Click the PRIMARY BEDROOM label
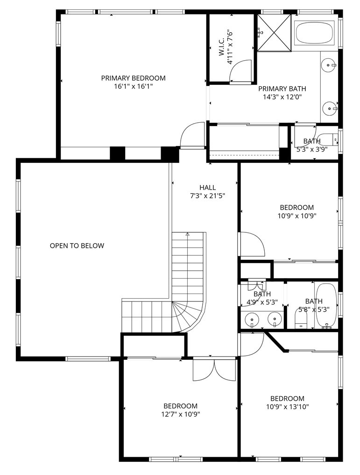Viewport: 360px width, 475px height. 134,78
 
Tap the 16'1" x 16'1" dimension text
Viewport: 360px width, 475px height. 134,87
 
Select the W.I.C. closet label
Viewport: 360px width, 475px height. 221,47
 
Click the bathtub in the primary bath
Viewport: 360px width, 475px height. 315,33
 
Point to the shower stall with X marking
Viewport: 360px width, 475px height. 274,33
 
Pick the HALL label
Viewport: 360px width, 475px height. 208,188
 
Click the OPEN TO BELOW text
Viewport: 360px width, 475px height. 77,246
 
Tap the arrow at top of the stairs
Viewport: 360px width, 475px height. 188,234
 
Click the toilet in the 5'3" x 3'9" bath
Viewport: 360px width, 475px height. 328,139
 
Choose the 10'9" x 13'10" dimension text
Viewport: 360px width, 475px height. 287,407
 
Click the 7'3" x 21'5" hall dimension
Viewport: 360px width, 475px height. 208,196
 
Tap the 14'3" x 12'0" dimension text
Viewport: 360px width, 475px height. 282,97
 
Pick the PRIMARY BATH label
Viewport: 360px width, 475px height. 282,89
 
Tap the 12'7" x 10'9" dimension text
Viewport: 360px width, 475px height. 181,414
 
